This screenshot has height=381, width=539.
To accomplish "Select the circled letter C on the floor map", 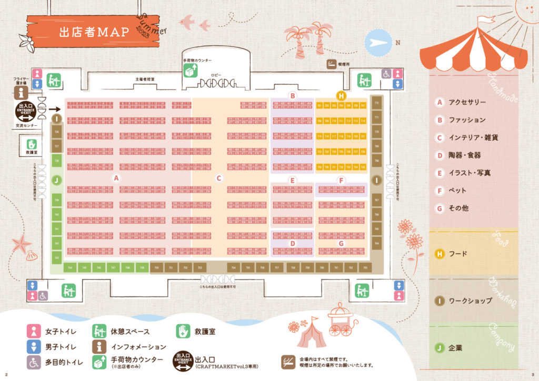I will point(219,178).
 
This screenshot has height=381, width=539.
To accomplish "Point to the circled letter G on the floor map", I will point(341,243).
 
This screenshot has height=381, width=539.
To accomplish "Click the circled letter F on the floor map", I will point(341,180).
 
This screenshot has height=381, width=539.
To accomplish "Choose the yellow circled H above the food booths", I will point(341,96).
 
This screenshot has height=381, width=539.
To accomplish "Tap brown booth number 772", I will point(376,103).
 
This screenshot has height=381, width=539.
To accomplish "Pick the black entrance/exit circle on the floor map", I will point(26,112).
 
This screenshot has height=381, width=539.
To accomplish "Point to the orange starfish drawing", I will point(22,244).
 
